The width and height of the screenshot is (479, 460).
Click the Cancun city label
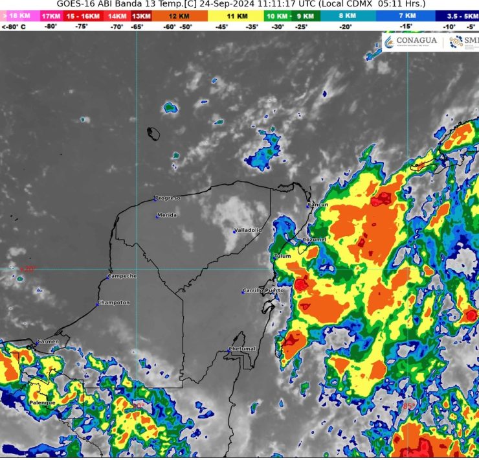[x=318, y=205]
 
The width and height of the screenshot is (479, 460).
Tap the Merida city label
[x=167, y=215]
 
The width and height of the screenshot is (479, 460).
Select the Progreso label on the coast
[x=168, y=198]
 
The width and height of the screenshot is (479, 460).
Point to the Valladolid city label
[x=248, y=230]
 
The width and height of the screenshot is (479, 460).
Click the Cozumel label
[x=315, y=239]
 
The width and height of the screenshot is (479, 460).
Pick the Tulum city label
[x=283, y=256]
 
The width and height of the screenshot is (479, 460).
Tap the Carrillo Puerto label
[x=264, y=290]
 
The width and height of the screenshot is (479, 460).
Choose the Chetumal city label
[x=243, y=349]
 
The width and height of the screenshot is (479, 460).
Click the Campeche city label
[x=122, y=276]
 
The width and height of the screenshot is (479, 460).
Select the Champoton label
[x=115, y=303]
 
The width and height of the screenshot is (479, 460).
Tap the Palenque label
[x=42, y=402]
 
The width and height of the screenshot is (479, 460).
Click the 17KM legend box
[x=49, y=15]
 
